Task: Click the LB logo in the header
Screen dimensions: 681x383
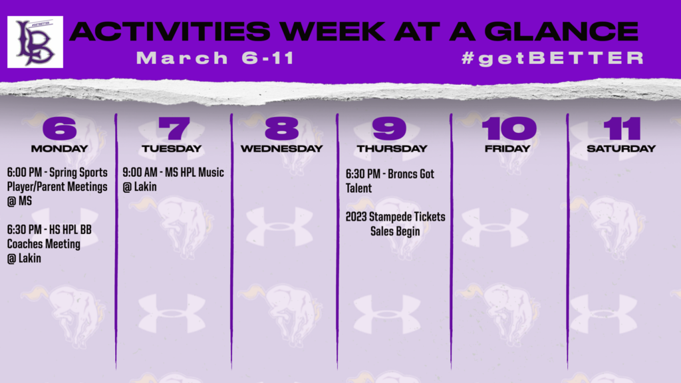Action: click(35, 42)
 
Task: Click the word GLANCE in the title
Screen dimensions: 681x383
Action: click(561, 31)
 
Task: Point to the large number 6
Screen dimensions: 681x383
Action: click(59, 128)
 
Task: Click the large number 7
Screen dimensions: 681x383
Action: click(174, 128)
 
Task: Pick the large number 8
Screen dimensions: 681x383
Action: click(282, 128)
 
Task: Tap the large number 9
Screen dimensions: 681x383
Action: click(389, 128)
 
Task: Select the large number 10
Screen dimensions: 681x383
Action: click(509, 128)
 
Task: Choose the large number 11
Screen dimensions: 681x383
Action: click(622, 128)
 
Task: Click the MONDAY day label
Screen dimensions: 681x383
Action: click(59, 148)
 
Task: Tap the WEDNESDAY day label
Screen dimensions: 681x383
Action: click(282, 148)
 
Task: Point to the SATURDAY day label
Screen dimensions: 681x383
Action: click(621, 148)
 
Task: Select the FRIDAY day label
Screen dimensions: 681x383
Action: click(507, 148)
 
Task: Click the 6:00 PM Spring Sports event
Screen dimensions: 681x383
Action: click(57, 187)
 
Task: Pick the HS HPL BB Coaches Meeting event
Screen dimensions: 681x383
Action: click(49, 244)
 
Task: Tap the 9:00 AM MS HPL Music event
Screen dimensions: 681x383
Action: click(174, 180)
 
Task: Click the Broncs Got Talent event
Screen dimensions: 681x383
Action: click(390, 181)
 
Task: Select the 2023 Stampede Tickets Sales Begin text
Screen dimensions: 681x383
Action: click(395, 224)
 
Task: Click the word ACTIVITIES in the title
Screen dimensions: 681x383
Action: click(170, 31)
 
